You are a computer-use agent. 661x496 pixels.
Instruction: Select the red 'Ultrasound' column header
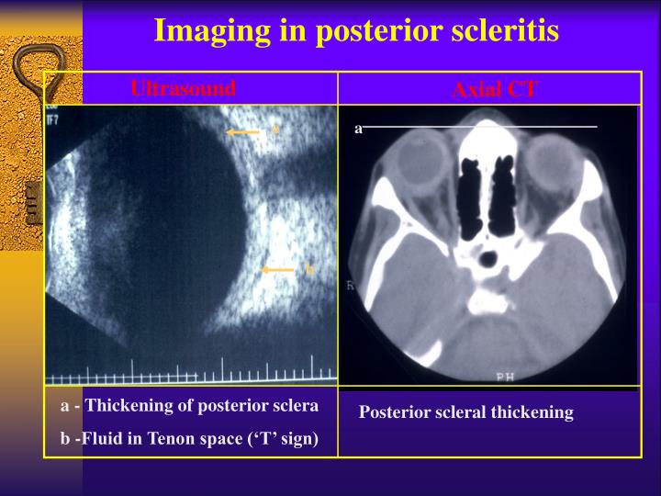click(183, 88)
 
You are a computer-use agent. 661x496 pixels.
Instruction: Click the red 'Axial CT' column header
click(494, 89)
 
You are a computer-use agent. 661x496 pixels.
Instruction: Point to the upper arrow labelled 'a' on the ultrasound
click(244, 132)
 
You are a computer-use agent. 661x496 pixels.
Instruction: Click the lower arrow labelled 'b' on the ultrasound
click(278, 270)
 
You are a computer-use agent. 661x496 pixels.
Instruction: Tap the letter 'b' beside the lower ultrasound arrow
click(309, 269)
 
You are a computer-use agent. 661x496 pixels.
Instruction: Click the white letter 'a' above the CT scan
click(359, 129)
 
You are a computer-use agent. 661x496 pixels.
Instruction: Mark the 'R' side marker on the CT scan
click(350, 286)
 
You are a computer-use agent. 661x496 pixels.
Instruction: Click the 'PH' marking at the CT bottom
click(505, 376)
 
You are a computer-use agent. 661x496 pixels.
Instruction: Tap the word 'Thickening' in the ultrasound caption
click(123, 406)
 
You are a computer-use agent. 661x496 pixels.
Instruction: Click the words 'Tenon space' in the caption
click(197, 439)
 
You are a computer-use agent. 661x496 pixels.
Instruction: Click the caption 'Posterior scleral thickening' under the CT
click(465, 412)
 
